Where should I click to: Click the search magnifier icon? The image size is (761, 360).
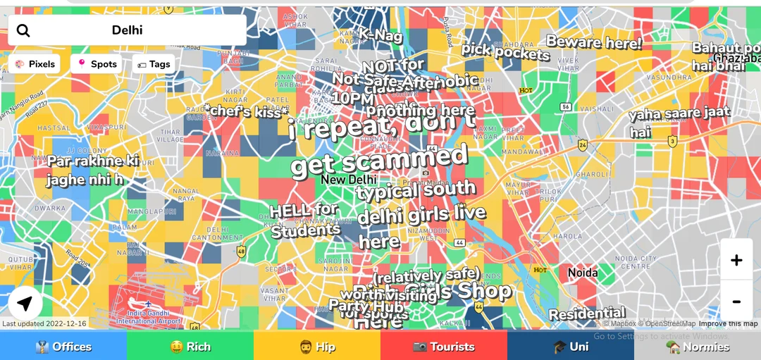pyautogui.click(x=23, y=30)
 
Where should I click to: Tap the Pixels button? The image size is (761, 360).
pyautogui.click(x=35, y=64)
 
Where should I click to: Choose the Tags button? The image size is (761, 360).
pyautogui.click(x=153, y=64)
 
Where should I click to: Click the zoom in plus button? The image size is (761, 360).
pyautogui.click(x=736, y=261)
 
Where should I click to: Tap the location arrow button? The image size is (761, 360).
pyautogui.click(x=25, y=304)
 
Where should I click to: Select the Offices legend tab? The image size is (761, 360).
pyautogui.click(x=63, y=346)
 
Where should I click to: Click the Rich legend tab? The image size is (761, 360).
pyautogui.click(x=190, y=346)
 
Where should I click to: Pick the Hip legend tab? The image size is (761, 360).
pyautogui.click(x=317, y=346)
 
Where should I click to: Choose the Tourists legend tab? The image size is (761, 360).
pyautogui.click(x=444, y=346)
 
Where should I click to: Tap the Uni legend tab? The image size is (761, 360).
pyautogui.click(x=571, y=346)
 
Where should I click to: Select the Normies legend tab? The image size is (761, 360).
pyautogui.click(x=698, y=346)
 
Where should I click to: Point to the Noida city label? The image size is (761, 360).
pyautogui.click(x=583, y=273)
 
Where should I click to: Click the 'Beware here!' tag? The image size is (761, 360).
pyautogui.click(x=594, y=42)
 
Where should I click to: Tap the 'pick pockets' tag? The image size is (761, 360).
pyautogui.click(x=505, y=51)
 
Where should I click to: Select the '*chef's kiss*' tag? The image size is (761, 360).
pyautogui.click(x=246, y=112)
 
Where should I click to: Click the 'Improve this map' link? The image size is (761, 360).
pyautogui.click(x=728, y=323)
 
